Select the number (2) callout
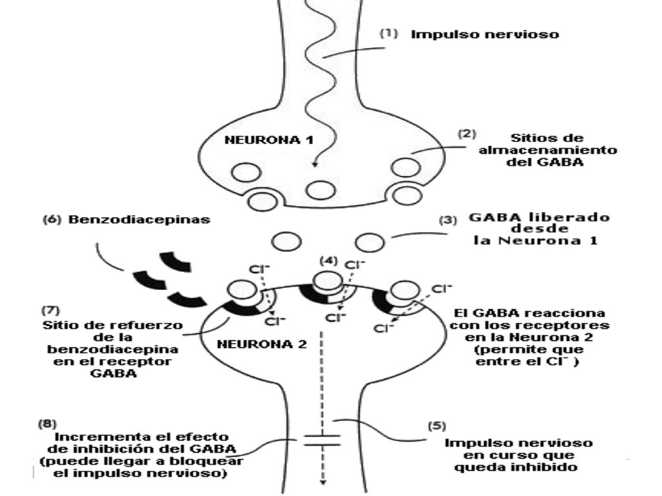click(467, 136)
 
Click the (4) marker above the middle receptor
click(328, 261)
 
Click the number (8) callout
click(47, 424)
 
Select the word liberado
click(573, 218)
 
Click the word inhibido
click(551, 468)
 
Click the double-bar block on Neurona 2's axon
click(321, 441)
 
